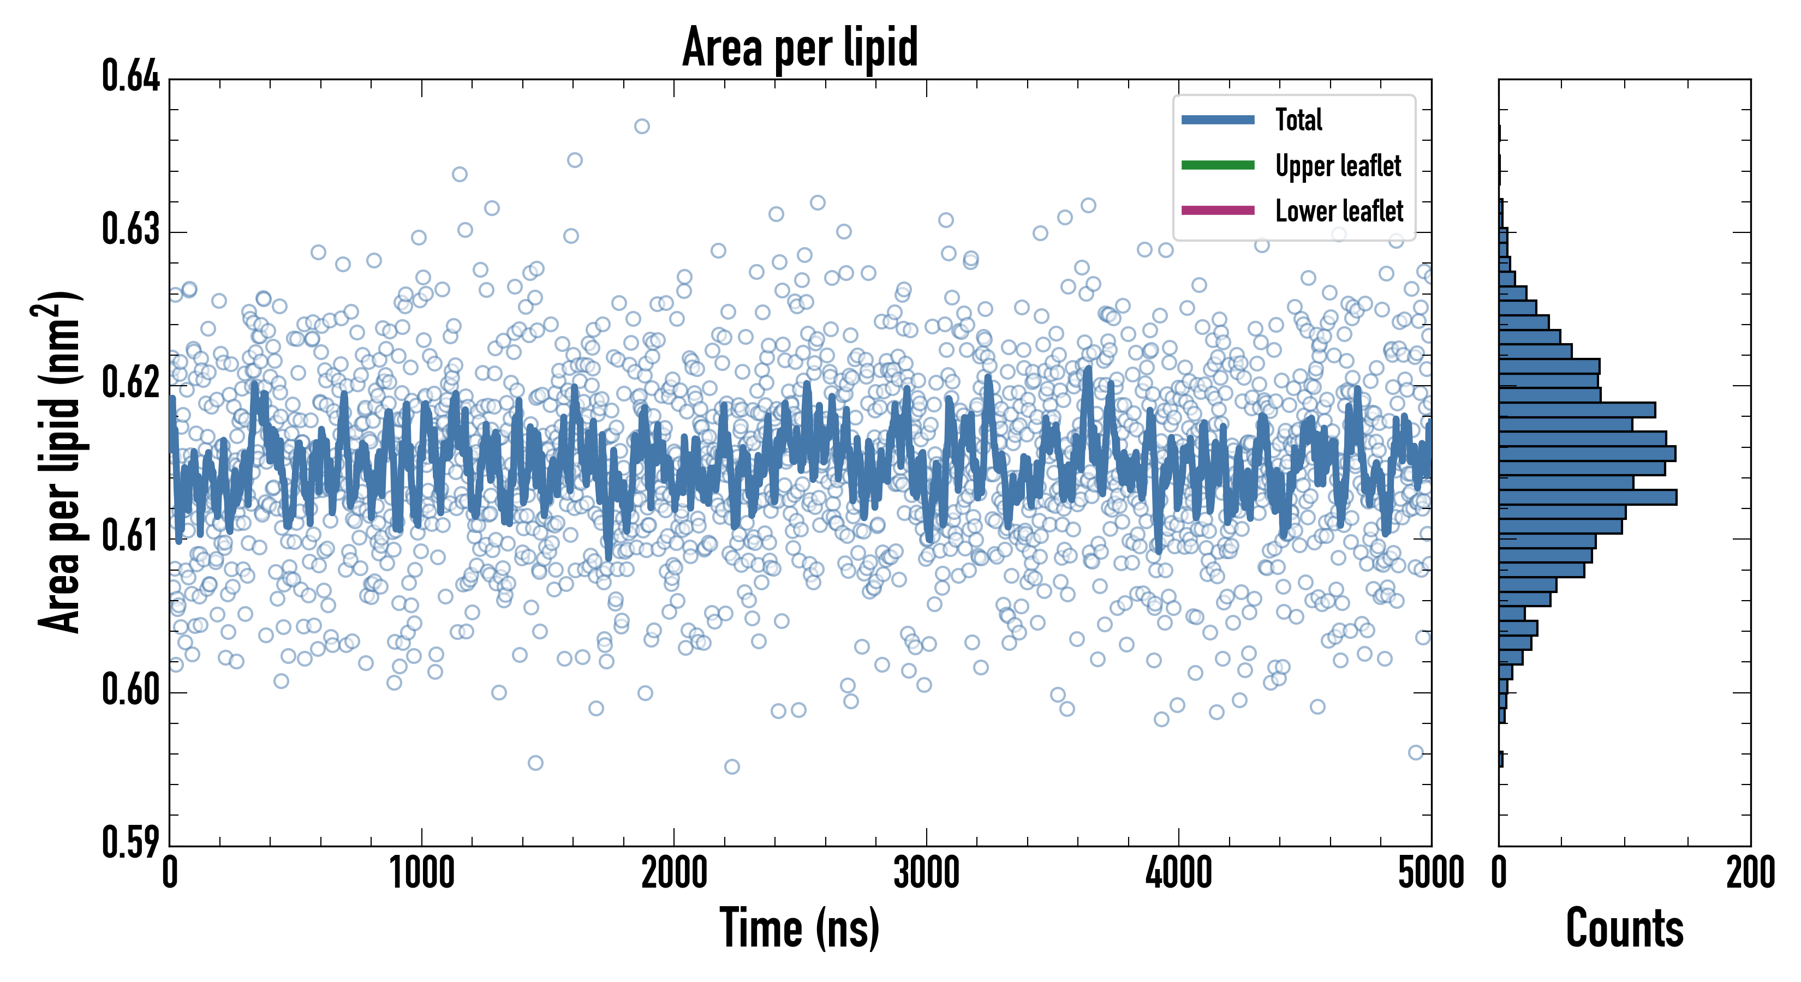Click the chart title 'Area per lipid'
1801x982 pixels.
pyautogui.click(x=800, y=47)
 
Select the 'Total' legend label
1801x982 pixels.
pyautogui.click(x=1298, y=120)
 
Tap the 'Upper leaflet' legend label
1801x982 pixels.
pyautogui.click(x=1338, y=166)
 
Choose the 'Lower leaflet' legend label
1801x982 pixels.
pyautogui.click(x=1339, y=211)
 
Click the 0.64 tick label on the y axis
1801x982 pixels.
pyautogui.click(x=131, y=77)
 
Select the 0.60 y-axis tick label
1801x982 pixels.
pyautogui.click(x=131, y=691)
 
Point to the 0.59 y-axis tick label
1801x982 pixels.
pyautogui.click(x=131, y=843)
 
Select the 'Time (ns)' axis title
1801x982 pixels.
pyautogui.click(x=800, y=928)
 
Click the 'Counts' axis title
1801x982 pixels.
pyautogui.click(x=1624, y=928)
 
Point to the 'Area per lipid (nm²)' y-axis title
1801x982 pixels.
pyautogui.click(x=59, y=462)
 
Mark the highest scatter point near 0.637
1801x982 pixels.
pyautogui.click(x=642, y=127)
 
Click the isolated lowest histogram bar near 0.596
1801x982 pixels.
pyautogui.click(x=1501, y=759)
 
